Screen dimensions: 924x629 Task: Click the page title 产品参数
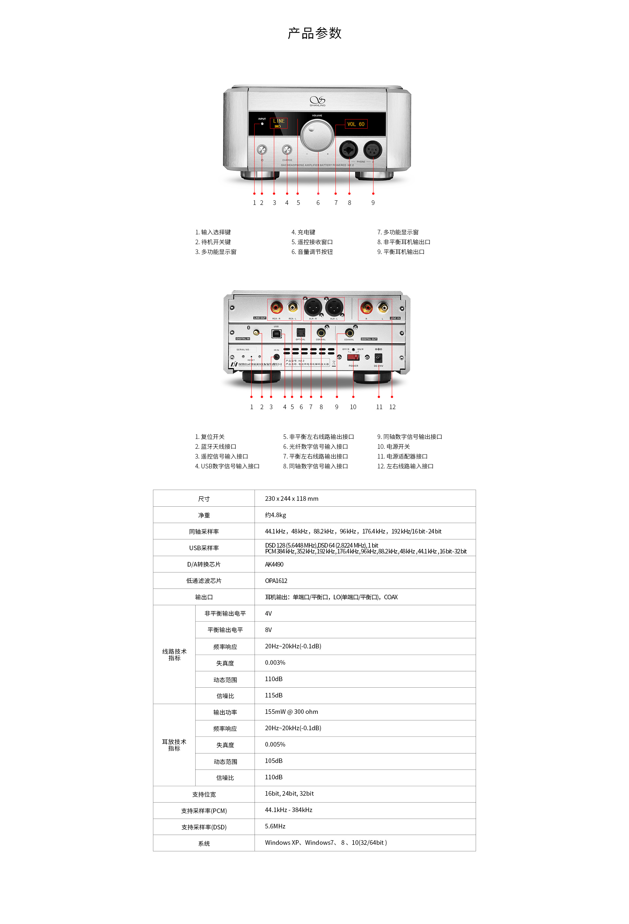314,33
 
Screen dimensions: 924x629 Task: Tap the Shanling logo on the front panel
317,100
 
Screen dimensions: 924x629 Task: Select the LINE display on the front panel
278,122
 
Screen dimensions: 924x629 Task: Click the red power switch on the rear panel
353,357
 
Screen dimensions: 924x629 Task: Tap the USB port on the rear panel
276,333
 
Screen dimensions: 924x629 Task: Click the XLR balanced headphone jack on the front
372,150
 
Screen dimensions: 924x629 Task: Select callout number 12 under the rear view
392,407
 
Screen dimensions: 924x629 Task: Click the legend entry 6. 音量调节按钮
312,252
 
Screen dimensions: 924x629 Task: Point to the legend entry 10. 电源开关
393,446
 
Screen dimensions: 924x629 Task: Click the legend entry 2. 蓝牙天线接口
215,446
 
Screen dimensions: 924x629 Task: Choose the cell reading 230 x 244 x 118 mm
292,498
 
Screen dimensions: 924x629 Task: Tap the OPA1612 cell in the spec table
276,580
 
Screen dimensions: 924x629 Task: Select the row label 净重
204,515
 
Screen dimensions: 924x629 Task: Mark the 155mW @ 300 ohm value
291,712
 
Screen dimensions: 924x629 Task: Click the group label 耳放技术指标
174,745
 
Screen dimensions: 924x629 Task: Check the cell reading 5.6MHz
275,826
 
